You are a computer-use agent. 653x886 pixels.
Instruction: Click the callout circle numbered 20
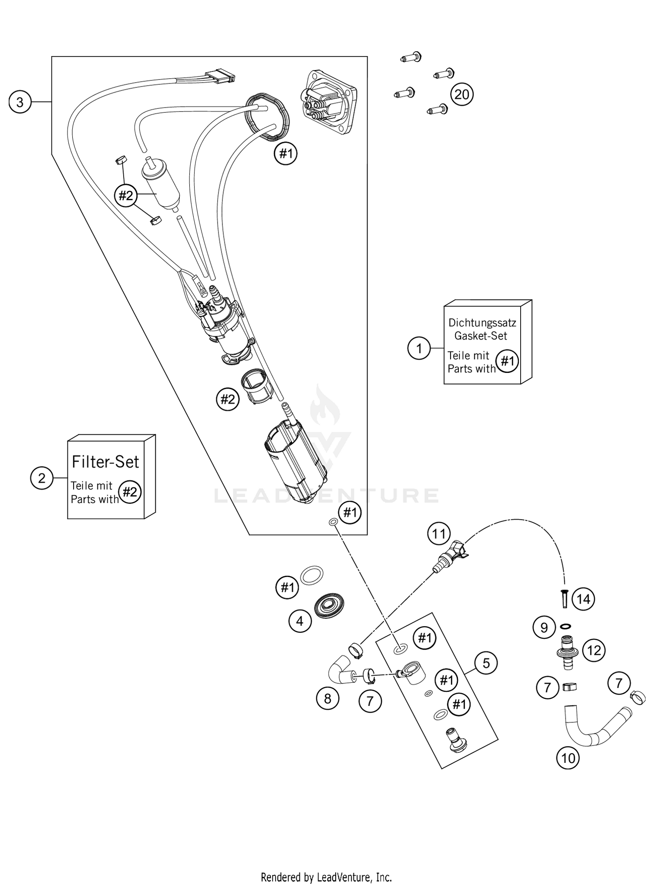(x=461, y=94)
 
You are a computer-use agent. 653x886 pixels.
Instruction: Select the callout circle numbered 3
(x=20, y=102)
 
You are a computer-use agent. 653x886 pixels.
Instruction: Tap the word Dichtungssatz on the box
(x=482, y=323)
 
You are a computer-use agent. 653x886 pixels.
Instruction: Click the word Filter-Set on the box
(x=105, y=462)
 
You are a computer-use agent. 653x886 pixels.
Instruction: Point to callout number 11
(x=439, y=534)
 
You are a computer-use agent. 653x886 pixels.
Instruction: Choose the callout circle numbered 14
(x=583, y=599)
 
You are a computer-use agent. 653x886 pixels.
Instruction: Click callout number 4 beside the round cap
(x=300, y=621)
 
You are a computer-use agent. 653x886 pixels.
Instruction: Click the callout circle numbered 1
(x=419, y=349)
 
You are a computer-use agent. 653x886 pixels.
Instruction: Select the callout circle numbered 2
(x=41, y=478)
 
